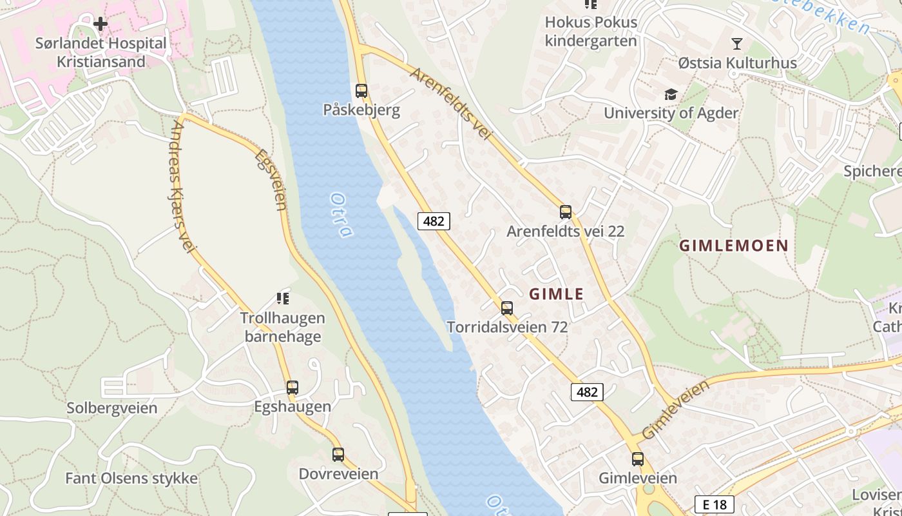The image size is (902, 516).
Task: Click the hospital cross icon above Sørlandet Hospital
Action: (101, 25)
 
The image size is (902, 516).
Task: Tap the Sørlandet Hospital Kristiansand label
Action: (101, 53)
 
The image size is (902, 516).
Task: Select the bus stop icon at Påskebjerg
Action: (361, 91)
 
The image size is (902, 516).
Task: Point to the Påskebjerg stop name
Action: (361, 110)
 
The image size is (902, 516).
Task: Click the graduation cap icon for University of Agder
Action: (671, 95)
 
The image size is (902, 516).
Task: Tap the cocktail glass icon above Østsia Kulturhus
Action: (737, 44)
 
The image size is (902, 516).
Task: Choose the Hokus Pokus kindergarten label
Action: (591, 32)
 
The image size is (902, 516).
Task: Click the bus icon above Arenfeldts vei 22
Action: (566, 212)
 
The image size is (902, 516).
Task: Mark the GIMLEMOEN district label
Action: (734, 246)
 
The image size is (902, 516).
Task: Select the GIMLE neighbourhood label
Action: (556, 294)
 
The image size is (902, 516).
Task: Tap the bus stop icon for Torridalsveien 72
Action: (507, 308)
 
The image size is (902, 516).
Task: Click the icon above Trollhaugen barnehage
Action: (283, 298)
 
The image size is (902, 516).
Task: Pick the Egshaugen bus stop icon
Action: (293, 388)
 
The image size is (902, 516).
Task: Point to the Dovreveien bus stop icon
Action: (338, 455)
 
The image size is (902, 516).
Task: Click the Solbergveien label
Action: (112, 408)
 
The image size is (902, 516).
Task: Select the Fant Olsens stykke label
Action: (131, 479)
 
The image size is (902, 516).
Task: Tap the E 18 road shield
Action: (715, 504)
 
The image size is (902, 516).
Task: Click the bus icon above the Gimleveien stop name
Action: (638, 459)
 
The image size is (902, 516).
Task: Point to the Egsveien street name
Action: (271, 180)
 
